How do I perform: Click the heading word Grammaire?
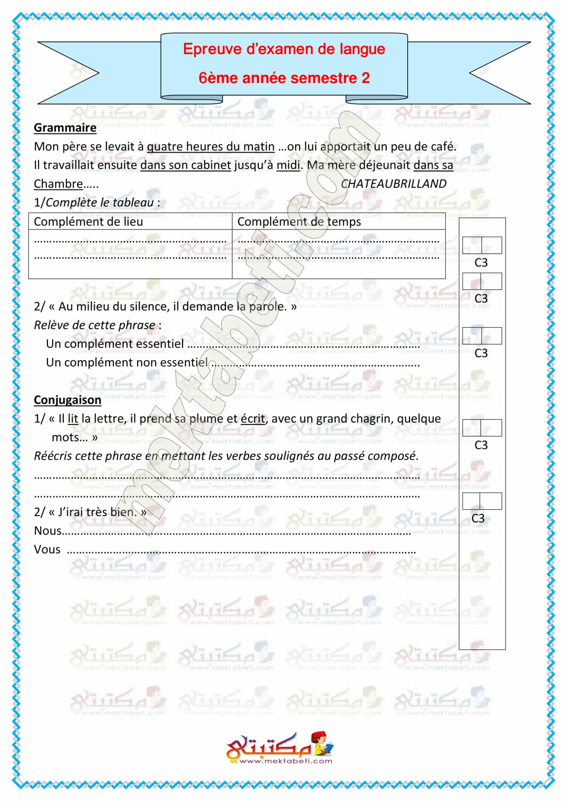(65, 128)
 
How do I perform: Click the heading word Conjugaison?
(67, 400)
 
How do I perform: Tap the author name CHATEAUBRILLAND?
(394, 184)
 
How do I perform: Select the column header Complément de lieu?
(88, 222)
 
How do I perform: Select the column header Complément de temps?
(299, 222)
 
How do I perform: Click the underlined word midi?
(288, 165)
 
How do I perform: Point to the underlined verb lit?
(73, 418)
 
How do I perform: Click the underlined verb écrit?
(253, 418)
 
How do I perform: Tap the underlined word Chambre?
(58, 184)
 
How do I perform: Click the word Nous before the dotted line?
(48, 531)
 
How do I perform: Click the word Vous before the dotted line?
(47, 550)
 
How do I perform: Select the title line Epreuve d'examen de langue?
(284, 49)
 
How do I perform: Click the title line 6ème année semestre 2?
(284, 78)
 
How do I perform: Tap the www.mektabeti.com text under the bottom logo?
(285, 761)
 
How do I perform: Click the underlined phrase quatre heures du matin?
(211, 147)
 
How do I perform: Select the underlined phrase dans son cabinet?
(186, 165)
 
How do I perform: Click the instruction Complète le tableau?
(99, 203)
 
